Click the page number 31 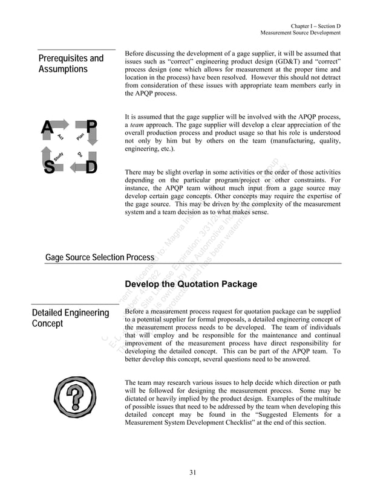click(x=192, y=472)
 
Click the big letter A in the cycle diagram click(x=46, y=127)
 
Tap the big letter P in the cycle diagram click(x=91, y=127)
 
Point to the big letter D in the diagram click(x=91, y=167)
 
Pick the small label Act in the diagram click(x=61, y=138)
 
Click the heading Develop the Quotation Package click(x=191, y=284)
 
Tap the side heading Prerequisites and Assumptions click(x=71, y=63)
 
